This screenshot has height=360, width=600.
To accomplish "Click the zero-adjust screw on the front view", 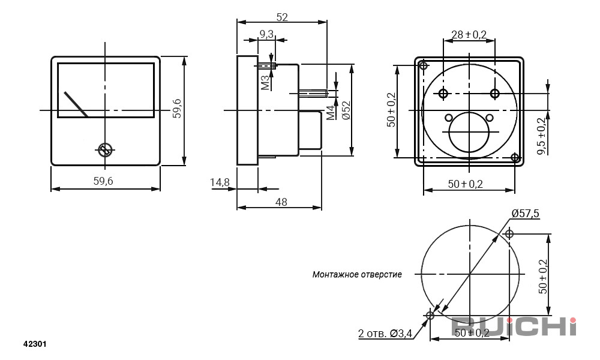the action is pos(105,150).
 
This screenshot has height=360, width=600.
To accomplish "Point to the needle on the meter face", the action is pos(76,104).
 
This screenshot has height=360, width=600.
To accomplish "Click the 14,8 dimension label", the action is pos(220,182).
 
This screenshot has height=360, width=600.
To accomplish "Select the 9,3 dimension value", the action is pos(267,34).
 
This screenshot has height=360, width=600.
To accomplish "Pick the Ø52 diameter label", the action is pos(346,110).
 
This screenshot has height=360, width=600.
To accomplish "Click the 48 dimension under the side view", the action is pos(281,201).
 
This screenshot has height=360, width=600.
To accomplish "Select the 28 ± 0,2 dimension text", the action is pos(469,35).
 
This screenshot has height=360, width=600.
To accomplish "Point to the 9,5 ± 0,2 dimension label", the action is pos(542,136).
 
